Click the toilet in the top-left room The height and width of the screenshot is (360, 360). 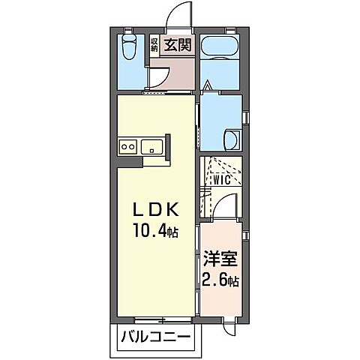(129, 48)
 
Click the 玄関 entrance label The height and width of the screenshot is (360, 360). (179, 43)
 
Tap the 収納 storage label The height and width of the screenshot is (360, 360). (155, 44)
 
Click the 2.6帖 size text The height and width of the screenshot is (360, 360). (220, 283)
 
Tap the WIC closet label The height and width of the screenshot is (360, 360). (220, 180)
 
